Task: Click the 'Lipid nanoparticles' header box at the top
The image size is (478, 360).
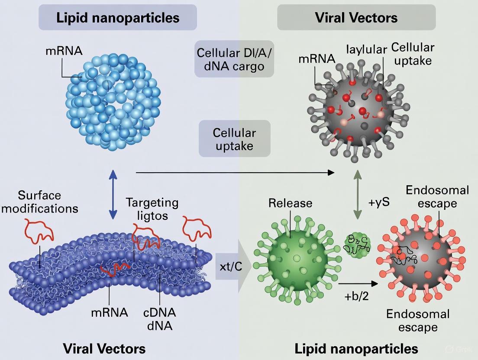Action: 118,17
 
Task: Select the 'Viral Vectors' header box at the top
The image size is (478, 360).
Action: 356,17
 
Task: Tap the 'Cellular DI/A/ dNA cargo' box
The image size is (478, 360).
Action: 234,59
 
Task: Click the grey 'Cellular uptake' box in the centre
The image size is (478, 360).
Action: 234,138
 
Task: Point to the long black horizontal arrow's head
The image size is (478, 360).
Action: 331,173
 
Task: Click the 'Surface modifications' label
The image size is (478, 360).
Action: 42,202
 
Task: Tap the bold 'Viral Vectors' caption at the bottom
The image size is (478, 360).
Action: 104,348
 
